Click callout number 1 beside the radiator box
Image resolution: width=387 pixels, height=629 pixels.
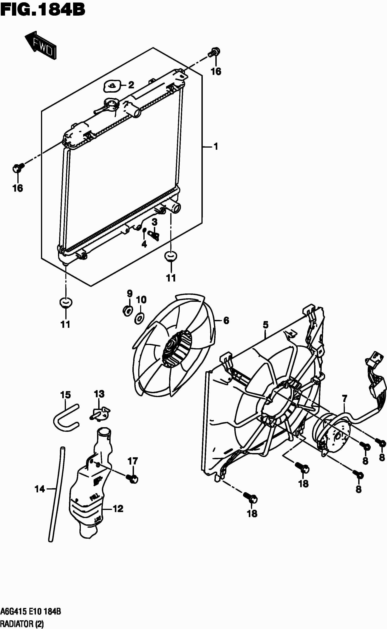(216, 147)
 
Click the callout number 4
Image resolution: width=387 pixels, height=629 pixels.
(144, 244)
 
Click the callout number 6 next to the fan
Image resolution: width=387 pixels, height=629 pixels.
(226, 321)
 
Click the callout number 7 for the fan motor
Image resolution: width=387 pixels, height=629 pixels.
(344, 398)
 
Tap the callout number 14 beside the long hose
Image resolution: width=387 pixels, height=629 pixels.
(40, 489)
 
